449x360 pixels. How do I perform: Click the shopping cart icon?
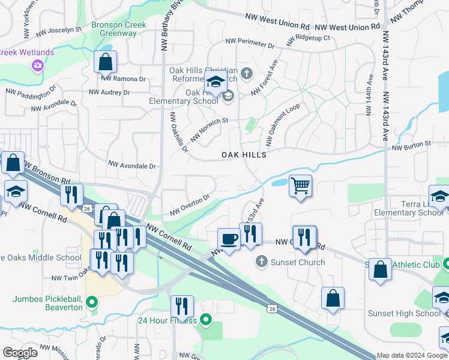pyautogui.click(x=300, y=185)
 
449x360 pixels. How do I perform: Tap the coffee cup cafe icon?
pyautogui.click(x=228, y=239)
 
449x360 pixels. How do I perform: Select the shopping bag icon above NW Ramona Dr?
pyautogui.click(x=105, y=61)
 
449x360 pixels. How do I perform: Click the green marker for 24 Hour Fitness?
pyautogui.click(x=206, y=319)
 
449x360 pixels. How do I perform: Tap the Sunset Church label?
pyautogui.click(x=297, y=262)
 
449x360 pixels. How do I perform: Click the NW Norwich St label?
pyautogui.click(x=210, y=130)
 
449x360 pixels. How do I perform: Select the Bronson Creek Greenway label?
pyautogui.click(x=114, y=29)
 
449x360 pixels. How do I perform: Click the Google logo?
pyautogui.click(x=20, y=352)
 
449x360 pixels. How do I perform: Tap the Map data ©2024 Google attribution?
pyautogui.click(x=411, y=355)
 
